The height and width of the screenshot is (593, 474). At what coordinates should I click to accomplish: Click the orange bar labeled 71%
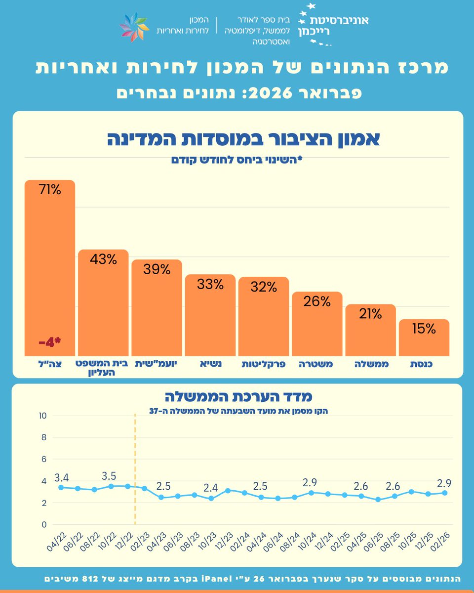[x=50, y=267]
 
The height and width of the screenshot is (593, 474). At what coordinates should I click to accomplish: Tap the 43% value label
[x=103, y=259]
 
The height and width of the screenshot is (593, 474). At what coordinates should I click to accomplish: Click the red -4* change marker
[x=50, y=342]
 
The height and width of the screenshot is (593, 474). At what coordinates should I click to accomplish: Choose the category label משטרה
[x=316, y=364]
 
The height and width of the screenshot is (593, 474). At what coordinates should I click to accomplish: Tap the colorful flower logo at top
[x=134, y=27]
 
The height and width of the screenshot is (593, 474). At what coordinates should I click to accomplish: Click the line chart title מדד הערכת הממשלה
[x=238, y=396]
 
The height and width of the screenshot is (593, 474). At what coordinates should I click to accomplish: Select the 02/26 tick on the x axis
[x=441, y=543]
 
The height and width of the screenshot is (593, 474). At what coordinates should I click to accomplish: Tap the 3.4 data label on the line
[x=61, y=477]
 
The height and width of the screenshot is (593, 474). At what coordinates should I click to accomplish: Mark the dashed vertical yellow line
[x=135, y=469]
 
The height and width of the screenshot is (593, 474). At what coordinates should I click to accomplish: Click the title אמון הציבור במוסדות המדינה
[x=243, y=139]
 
